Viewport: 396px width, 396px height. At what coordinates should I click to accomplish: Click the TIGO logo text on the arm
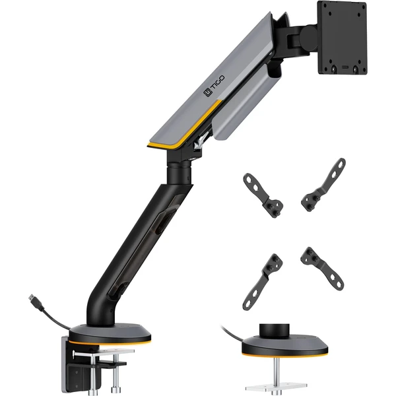click(x=214, y=86)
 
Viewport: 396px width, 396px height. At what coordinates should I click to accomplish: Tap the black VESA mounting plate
click(x=343, y=38)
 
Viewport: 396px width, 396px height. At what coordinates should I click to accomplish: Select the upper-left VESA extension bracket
click(x=263, y=195)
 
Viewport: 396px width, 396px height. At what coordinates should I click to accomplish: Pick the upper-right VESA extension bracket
click(x=323, y=185)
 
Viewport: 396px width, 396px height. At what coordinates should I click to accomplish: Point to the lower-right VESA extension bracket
click(x=322, y=269)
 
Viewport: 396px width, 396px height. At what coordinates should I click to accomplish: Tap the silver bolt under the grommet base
click(x=277, y=370)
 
